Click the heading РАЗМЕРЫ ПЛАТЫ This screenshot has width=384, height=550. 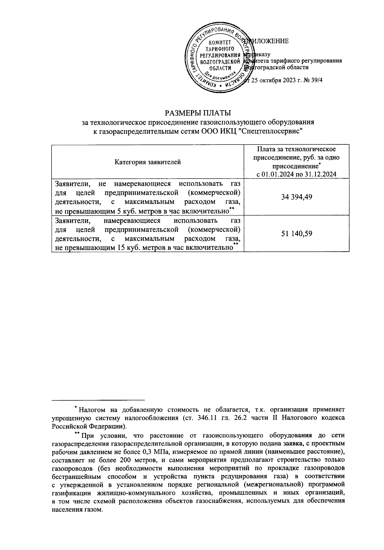point(197,113)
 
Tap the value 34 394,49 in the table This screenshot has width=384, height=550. point(296,197)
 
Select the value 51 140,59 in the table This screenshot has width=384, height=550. point(296,233)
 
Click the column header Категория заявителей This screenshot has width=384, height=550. point(148,162)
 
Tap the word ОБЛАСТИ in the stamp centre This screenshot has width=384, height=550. point(219,68)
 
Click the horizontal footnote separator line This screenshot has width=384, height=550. point(98,400)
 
